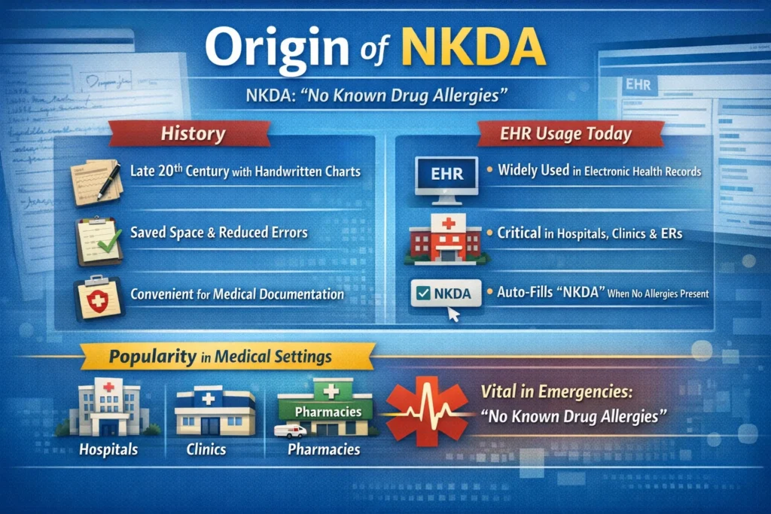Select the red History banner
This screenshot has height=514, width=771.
pyautogui.click(x=193, y=135)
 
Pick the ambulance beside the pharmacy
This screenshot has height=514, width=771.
pyautogui.click(x=290, y=431)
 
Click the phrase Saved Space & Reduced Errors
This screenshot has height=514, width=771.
pyautogui.click(x=218, y=233)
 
